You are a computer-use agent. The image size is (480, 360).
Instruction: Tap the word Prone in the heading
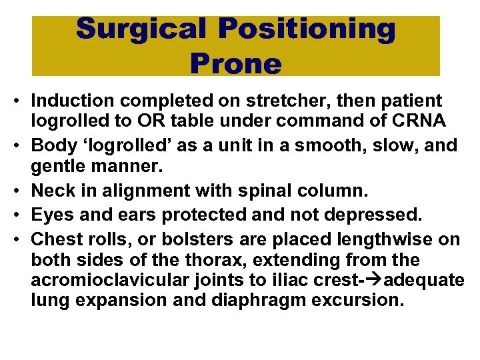point(235,63)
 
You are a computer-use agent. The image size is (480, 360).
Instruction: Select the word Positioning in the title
point(309,29)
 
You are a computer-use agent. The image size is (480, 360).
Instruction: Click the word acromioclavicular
point(93,279)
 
